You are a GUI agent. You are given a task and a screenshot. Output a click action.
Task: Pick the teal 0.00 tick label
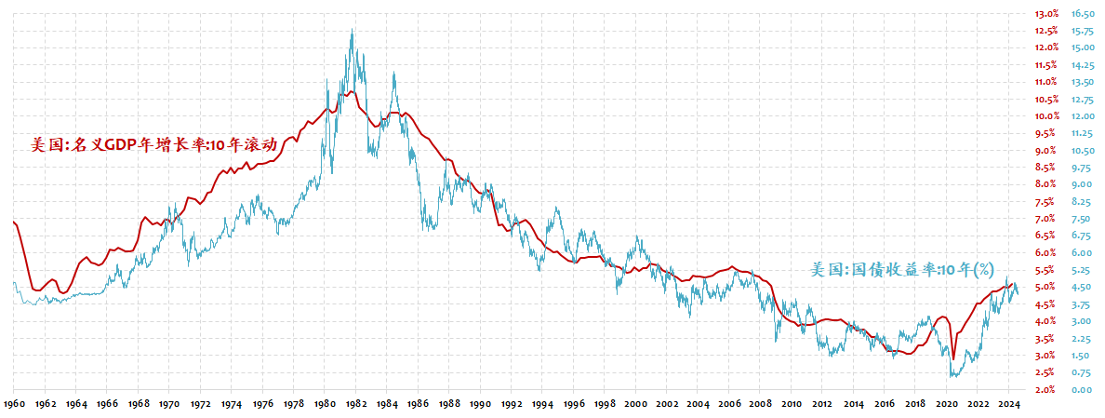pos(1080,390)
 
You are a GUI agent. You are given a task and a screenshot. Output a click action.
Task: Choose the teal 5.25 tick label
pos(1080,270)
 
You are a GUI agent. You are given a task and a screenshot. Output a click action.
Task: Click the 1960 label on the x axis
pos(14,405)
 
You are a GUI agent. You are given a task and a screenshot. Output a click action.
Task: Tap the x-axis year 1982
pos(356,405)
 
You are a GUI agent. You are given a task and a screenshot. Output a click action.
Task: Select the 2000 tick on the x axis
pos(636,405)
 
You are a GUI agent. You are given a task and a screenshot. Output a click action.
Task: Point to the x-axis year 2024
pos(1009,405)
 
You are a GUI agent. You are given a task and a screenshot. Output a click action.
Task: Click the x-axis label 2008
pos(761,405)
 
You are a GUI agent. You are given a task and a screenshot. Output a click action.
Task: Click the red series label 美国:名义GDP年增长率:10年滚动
pos(154,145)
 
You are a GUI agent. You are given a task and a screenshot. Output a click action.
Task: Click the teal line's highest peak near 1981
pos(352,30)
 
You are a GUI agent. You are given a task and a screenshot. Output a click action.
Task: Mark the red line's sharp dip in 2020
pos(952,358)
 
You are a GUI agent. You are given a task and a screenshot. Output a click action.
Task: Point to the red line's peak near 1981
pos(351,91)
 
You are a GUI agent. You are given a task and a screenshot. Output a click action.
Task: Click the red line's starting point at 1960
pos(14,222)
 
